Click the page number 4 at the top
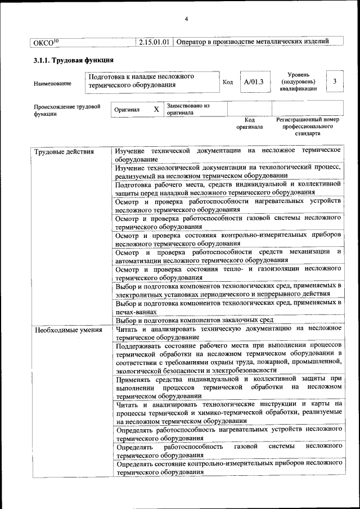coord(186,20)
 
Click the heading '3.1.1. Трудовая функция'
coord(74,60)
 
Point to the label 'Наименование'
coord(52,84)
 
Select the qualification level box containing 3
coord(335,82)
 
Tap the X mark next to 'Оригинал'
coord(156,109)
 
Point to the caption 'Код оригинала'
coord(250,124)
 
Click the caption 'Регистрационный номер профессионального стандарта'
coord(307,127)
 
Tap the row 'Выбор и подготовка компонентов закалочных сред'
coord(195,320)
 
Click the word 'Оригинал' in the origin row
coord(127,110)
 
